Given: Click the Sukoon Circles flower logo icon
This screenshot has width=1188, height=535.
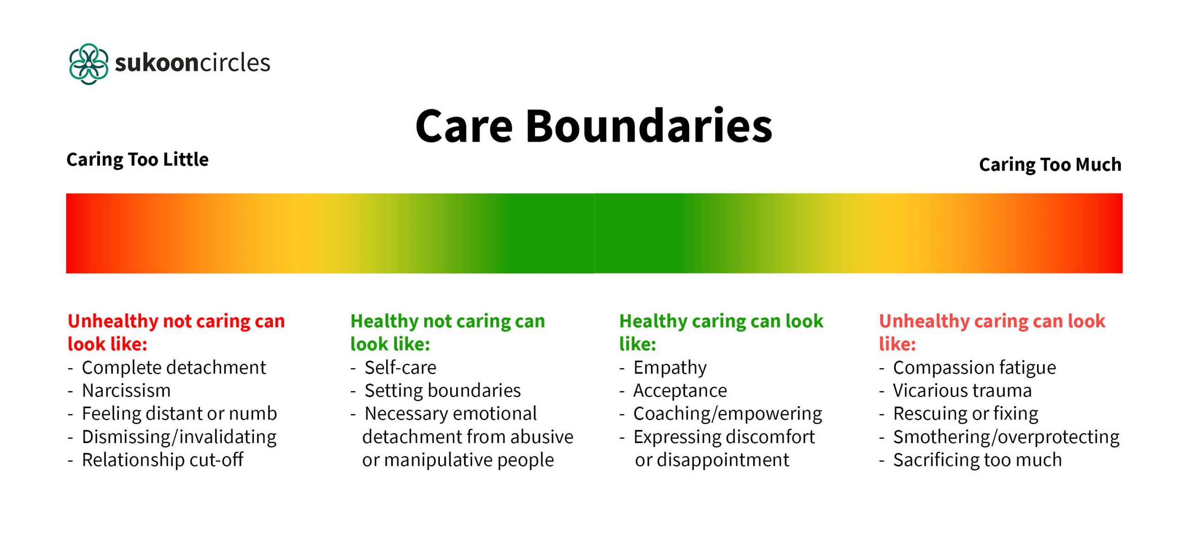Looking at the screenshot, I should pos(89,64).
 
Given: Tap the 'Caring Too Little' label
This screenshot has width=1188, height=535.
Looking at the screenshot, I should pos(137,160).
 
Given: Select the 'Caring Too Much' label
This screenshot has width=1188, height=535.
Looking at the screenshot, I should pos(1050,165).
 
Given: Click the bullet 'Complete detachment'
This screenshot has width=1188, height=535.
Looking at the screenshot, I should pos(174,368).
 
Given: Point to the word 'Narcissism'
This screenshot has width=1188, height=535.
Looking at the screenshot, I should pos(126,391).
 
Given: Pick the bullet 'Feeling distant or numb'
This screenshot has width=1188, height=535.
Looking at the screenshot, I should pos(179,414).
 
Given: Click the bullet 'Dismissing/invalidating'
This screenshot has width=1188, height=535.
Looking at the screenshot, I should pos(179,437).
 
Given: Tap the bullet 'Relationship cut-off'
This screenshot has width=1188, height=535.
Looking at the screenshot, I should pos(162,460).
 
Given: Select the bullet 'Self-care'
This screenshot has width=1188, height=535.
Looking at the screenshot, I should pos(400,368).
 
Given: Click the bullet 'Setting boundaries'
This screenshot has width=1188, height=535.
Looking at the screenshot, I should pos(442,391).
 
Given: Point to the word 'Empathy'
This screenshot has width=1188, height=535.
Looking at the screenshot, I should pos(670,368).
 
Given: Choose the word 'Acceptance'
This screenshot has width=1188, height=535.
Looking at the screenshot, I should pos(680,391).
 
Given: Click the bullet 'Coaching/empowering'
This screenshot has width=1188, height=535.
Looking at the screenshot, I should pos(727,414).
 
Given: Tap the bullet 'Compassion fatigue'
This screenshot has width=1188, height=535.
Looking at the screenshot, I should pos(974,368).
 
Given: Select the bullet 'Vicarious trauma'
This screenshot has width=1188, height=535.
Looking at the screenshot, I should pos(962,391).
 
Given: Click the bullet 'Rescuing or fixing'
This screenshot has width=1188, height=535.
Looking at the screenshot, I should pos(965,414).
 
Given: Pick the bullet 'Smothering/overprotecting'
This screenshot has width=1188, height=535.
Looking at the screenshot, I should pos(1006,437).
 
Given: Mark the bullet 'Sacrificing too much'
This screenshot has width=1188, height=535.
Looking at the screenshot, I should pos(977,460).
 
